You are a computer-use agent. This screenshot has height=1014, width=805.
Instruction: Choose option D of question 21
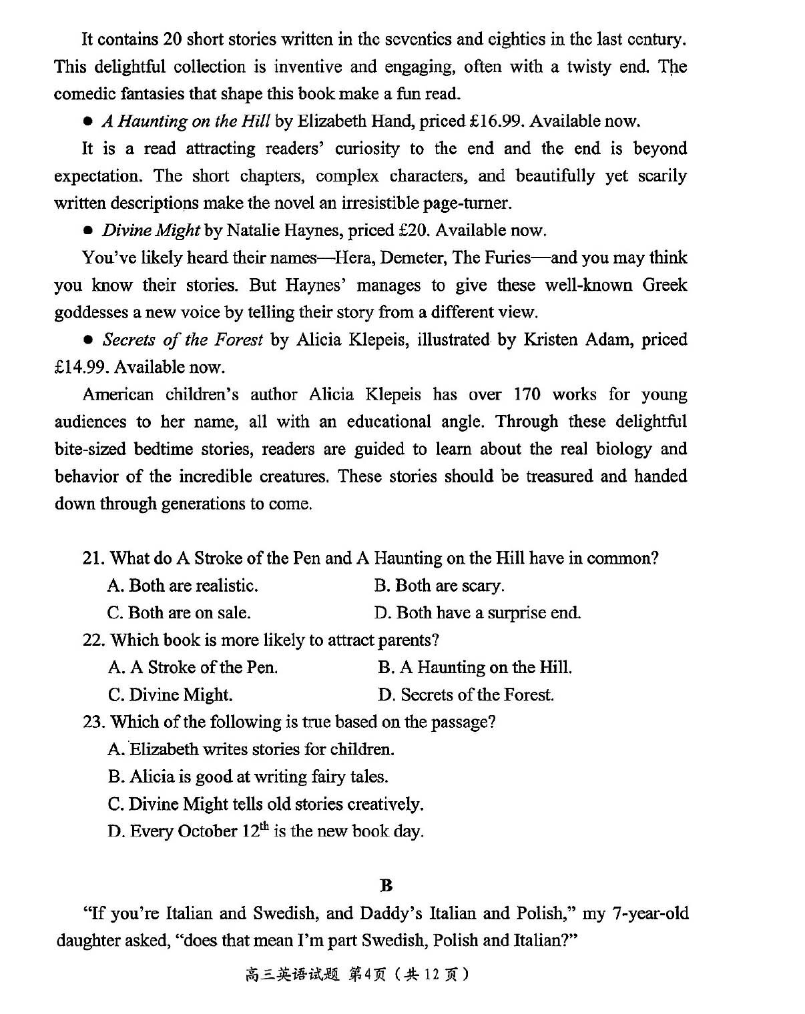tap(477, 613)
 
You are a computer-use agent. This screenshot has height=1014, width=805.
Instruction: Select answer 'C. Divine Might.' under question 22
tap(170, 695)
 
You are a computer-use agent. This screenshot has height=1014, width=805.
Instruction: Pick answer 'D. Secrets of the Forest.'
tap(466, 695)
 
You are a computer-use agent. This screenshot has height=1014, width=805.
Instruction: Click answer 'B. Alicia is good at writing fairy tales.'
tap(248, 777)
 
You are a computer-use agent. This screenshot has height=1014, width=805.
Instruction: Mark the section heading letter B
tap(386, 886)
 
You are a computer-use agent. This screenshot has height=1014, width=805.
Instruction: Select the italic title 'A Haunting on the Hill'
tap(186, 121)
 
